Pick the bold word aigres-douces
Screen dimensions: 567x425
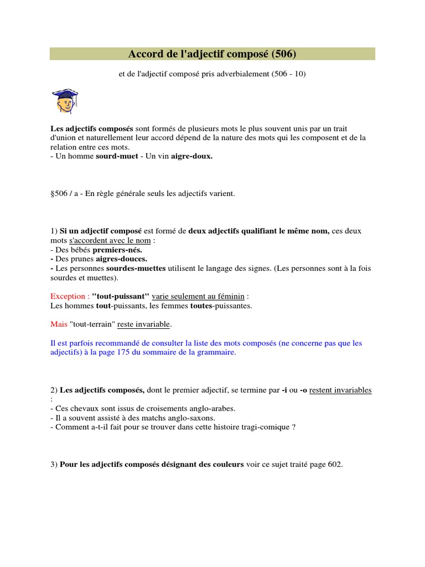122,259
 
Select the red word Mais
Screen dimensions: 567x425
58,323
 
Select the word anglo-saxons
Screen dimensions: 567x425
190,417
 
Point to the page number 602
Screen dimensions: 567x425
334,465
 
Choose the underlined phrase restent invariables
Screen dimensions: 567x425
340,390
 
